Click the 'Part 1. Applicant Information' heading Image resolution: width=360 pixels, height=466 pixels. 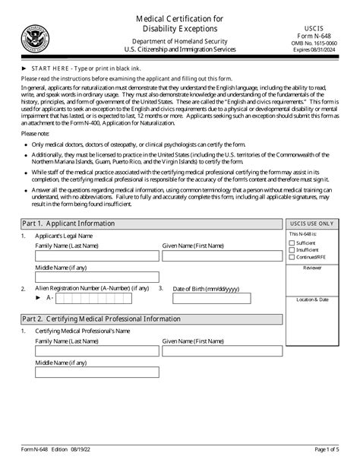pyautogui.click(x=68, y=223)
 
